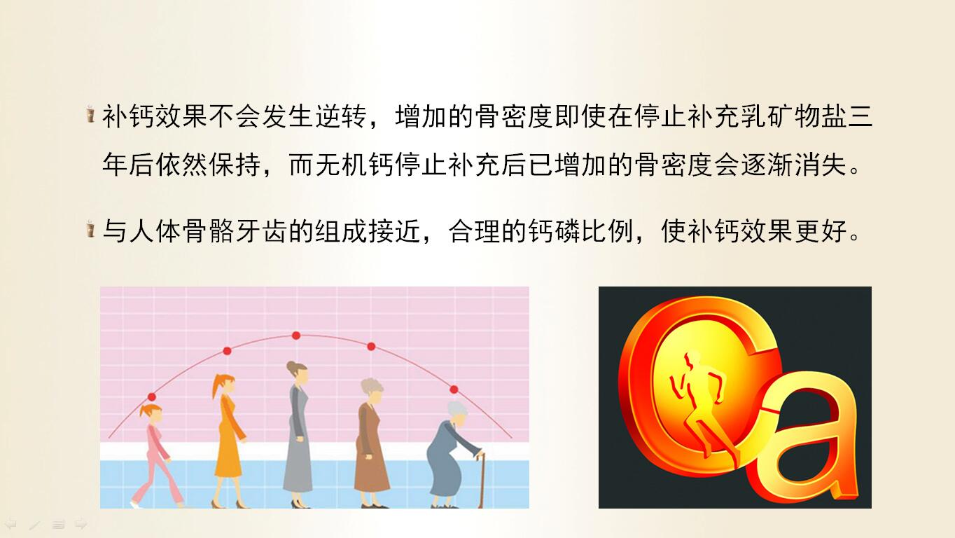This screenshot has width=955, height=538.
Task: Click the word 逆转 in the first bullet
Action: (342, 116)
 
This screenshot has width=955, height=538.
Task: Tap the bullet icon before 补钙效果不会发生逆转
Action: (90, 113)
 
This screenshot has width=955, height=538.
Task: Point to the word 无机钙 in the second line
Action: (328, 165)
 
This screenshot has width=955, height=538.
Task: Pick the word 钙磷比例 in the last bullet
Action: (580, 232)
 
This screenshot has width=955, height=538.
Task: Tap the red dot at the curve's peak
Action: (296, 336)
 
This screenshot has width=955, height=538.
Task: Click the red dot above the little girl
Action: (152, 396)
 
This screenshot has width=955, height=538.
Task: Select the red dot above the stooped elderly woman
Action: (454, 389)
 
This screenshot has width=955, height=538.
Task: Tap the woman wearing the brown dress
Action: (371, 443)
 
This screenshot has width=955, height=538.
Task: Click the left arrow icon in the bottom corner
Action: (11, 524)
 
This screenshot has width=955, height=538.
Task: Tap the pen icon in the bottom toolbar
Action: (34, 525)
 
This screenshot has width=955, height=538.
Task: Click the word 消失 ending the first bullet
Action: (821, 165)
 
